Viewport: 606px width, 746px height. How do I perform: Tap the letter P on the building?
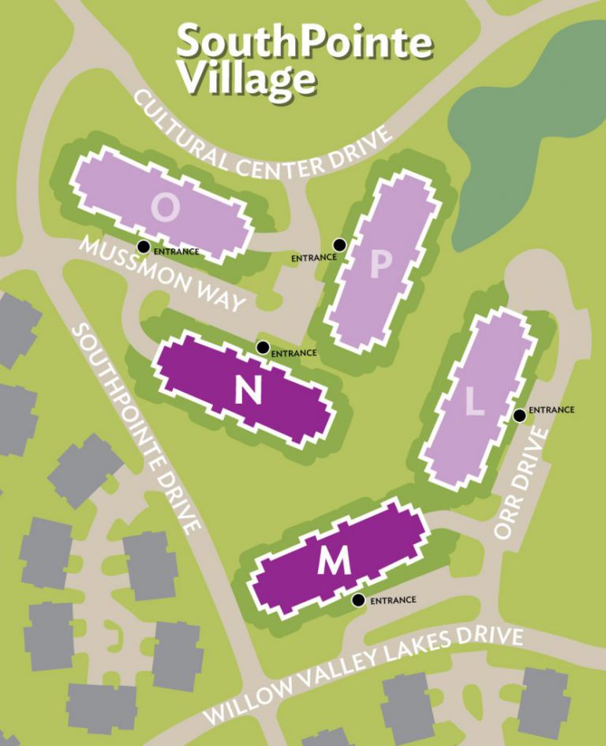(x=380, y=266)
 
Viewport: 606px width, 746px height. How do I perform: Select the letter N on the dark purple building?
(x=249, y=389)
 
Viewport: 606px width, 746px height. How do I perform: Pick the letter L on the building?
(x=473, y=402)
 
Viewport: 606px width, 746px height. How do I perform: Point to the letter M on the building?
(x=334, y=561)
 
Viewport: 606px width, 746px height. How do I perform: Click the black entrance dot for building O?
(x=143, y=247)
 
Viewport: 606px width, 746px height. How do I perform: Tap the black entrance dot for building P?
(x=339, y=244)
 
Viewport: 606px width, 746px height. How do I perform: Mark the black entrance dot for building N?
(x=263, y=347)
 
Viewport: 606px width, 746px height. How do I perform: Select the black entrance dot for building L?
(x=519, y=416)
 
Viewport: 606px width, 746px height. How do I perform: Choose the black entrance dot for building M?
(x=358, y=600)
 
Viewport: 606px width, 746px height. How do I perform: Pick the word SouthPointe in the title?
(x=305, y=41)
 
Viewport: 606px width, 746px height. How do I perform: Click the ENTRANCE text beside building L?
(x=551, y=410)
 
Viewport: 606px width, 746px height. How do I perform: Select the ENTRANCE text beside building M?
(x=392, y=600)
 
